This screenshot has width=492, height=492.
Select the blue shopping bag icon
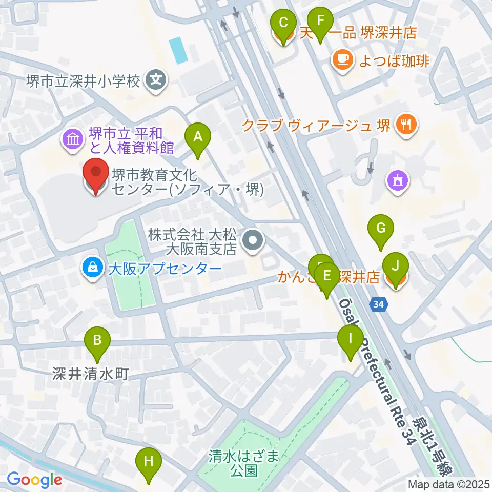click(92, 268)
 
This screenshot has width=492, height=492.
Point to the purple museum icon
click(72, 138)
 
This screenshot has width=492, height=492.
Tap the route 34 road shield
click(378, 305)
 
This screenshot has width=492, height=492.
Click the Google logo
click(34, 480)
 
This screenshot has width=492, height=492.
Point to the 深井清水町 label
click(90, 374)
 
